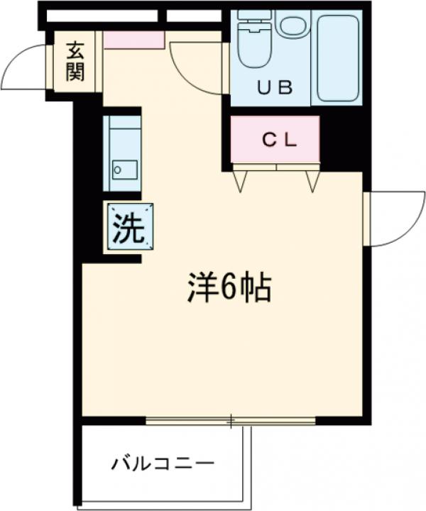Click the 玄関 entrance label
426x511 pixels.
pos(76,62)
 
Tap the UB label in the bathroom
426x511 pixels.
pos(274,88)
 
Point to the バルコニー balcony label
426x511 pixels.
pos(163,465)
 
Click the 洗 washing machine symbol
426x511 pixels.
pos(129,228)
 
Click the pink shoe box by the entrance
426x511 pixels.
pos(134,40)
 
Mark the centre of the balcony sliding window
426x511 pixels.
pos(231,422)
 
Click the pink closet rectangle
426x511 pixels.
pos(275,140)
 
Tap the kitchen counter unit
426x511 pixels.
pos(122,153)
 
